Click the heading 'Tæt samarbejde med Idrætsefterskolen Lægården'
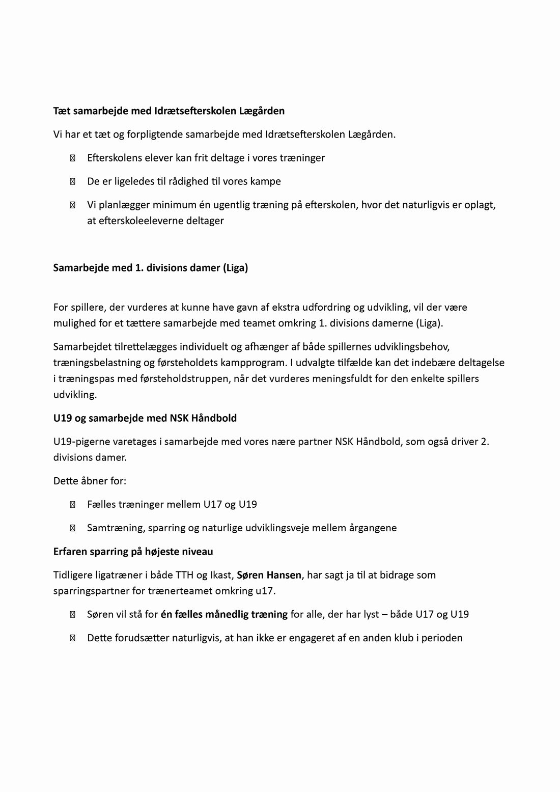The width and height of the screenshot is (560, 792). [169, 111]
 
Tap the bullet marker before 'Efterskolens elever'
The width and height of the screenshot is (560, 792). [72, 158]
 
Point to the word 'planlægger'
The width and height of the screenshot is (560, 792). [122, 205]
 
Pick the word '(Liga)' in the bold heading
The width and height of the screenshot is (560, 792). [235, 268]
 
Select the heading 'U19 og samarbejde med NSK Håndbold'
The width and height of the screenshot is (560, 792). [145, 418]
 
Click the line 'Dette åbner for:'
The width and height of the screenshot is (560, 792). [90, 481]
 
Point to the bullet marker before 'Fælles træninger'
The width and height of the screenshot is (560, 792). [72, 505]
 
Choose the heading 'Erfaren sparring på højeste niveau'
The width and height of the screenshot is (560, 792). [133, 552]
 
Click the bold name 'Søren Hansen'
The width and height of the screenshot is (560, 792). [269, 575]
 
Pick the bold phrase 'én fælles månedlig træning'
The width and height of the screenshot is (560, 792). [224, 614]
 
